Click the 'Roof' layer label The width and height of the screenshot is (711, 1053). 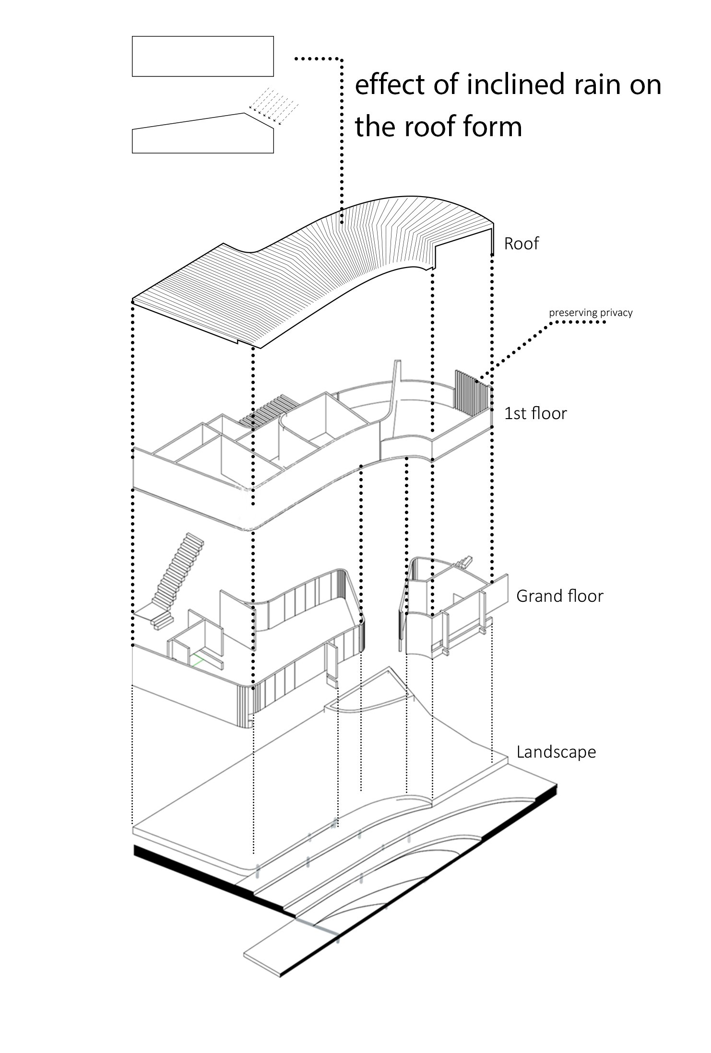pos(521,244)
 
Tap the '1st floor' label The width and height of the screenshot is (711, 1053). pos(535,413)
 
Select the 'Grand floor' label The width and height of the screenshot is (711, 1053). pos(559,596)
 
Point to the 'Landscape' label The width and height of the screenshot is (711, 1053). pos(556,751)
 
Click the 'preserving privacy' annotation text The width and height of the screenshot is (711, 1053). pos(591,313)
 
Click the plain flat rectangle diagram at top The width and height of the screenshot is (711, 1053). pos(202,56)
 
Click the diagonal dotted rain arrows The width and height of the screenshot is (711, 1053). pos(273,105)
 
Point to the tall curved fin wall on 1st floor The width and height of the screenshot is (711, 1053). pos(396,398)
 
